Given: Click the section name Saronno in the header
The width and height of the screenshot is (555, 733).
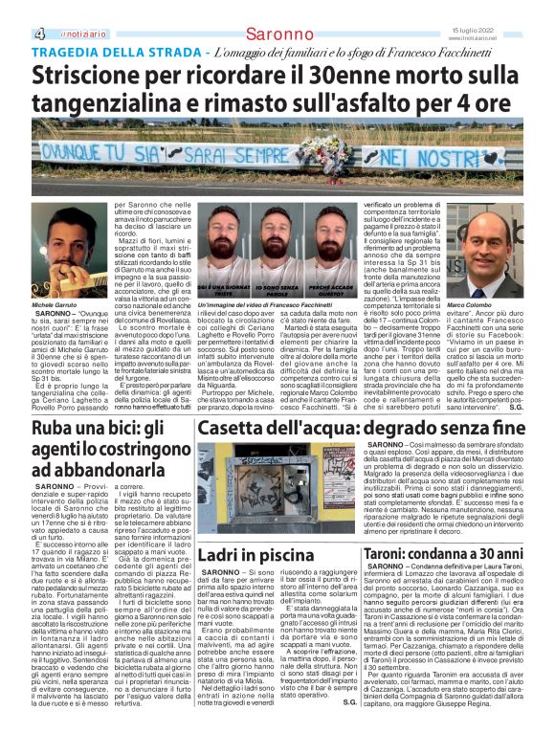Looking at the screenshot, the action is coord(276,33).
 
